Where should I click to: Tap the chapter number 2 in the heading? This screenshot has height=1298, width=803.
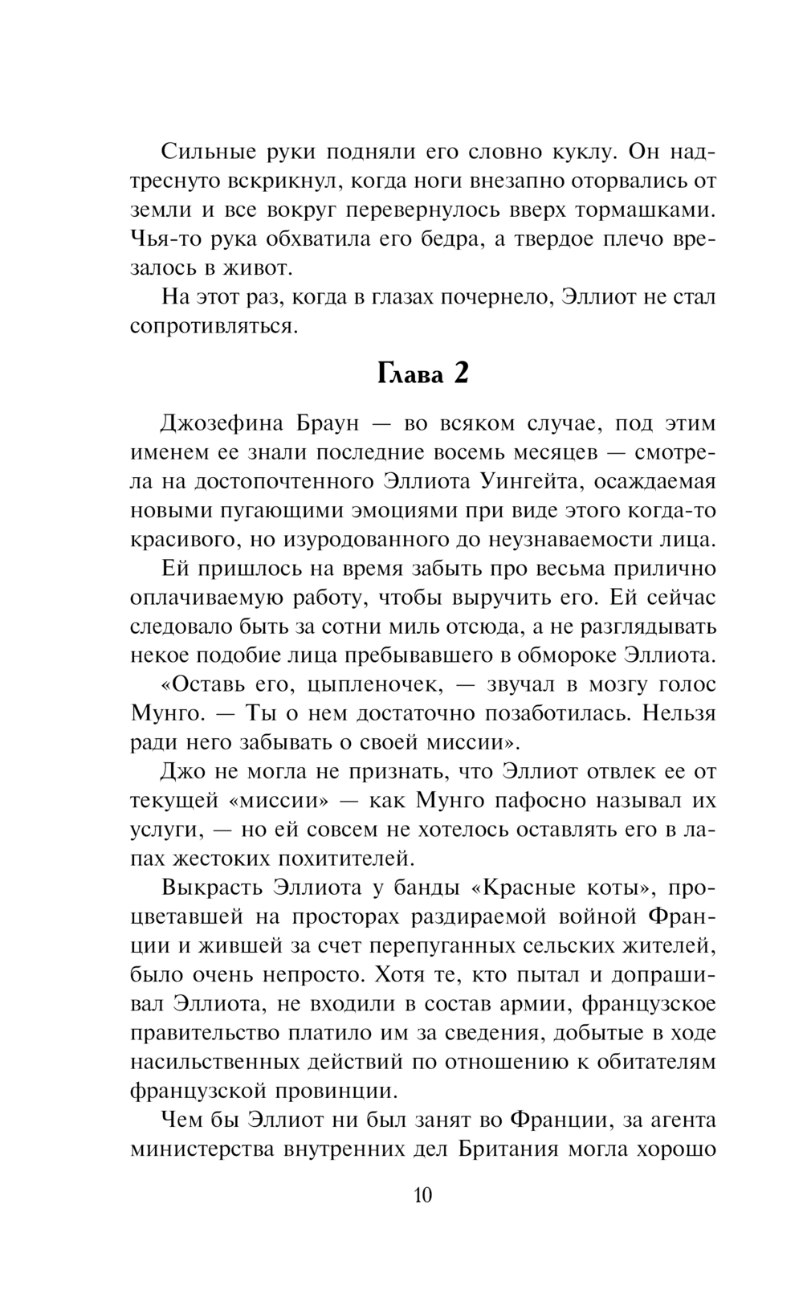460,373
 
